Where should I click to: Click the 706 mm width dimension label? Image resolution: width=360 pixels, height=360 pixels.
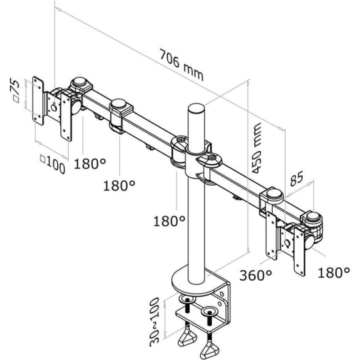click(x=181, y=65)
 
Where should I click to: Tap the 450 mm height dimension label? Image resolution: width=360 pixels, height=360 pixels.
click(x=256, y=148)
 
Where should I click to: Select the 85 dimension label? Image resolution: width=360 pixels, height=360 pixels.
click(x=297, y=178)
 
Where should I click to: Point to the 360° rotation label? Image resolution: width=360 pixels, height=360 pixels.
click(x=256, y=275)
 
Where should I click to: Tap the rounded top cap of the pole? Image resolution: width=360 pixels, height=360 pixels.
click(x=196, y=109)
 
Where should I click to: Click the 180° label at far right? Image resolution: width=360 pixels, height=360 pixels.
click(x=334, y=273)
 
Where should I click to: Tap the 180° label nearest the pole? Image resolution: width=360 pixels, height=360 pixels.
click(x=169, y=221)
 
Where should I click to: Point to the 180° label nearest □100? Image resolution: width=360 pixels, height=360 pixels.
click(x=90, y=163)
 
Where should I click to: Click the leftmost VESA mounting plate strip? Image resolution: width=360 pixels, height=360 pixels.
click(x=38, y=101)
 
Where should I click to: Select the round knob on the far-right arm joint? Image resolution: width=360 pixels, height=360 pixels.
click(x=313, y=216)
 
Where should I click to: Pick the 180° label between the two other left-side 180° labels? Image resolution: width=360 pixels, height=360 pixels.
click(x=119, y=185)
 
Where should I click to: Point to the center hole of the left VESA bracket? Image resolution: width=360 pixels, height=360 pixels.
click(x=54, y=108)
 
